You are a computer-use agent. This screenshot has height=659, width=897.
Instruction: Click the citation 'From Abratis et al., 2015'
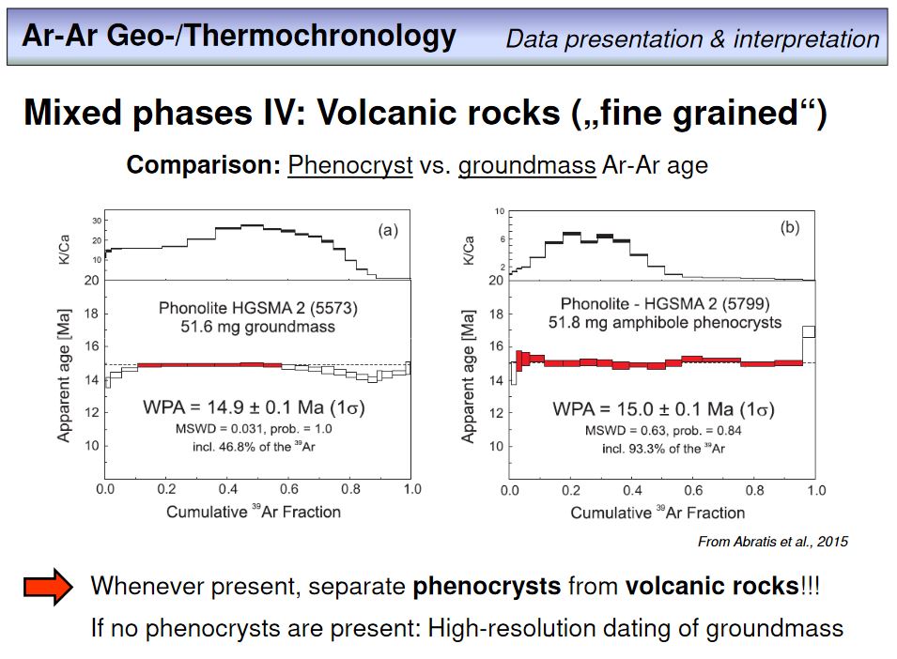pyautogui.click(x=772, y=542)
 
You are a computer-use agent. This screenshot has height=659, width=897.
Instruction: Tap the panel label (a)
pyautogui.click(x=388, y=230)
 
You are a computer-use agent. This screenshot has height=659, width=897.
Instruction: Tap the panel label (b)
pyautogui.click(x=790, y=227)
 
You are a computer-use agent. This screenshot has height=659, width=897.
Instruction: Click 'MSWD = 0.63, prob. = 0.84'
pyautogui.click(x=657, y=431)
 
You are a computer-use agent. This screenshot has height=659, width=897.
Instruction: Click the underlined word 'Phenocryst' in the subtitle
pyautogui.click(x=350, y=165)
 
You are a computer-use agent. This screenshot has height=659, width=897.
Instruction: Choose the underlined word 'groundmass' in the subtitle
pyautogui.click(x=527, y=165)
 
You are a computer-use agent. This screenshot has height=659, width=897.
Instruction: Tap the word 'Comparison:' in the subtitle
pyautogui.click(x=204, y=165)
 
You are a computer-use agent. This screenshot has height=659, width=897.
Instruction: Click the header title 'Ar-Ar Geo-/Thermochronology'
pyautogui.click(x=239, y=37)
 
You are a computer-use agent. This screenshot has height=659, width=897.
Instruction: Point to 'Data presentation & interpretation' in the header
pyautogui.click(x=692, y=38)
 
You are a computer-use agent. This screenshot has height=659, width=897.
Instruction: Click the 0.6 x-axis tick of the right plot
pyautogui.click(x=693, y=490)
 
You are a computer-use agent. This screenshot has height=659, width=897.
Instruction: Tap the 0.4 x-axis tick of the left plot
pyautogui.click(x=226, y=489)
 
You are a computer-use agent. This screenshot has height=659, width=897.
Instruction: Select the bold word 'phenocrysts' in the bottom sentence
pyautogui.click(x=487, y=587)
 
